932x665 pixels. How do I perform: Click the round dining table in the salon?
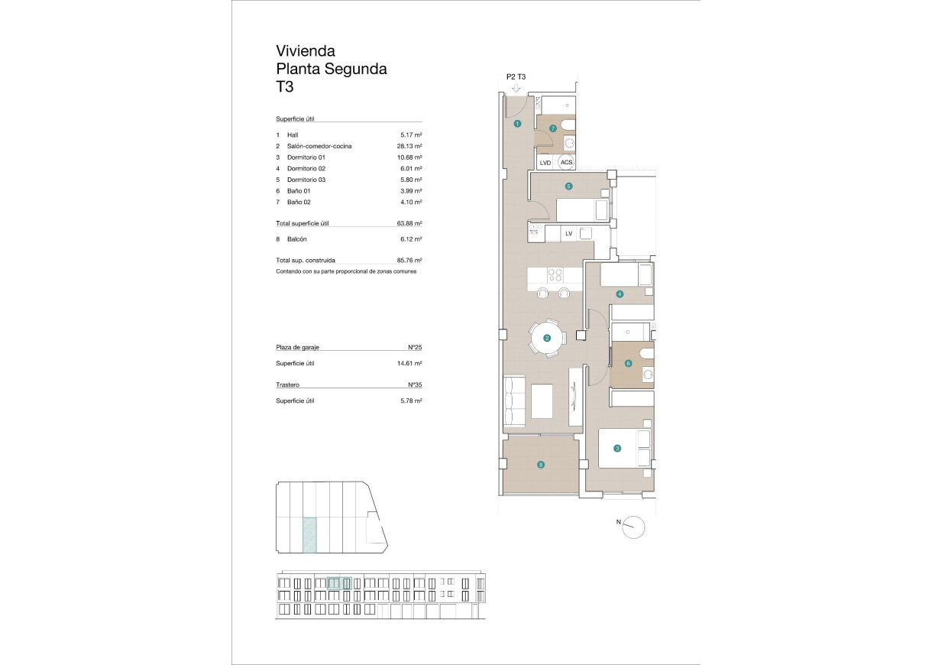tap(547, 338)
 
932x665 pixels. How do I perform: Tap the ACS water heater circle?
tap(566, 162)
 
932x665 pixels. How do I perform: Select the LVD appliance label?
tap(545, 163)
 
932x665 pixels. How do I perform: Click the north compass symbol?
tap(634, 526)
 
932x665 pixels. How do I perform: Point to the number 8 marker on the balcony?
tap(541, 464)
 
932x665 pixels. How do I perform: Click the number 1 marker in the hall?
tap(517, 123)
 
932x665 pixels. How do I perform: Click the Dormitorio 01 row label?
tap(306, 157)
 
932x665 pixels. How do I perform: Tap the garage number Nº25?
tap(415, 347)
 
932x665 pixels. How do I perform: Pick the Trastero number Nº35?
tap(415, 385)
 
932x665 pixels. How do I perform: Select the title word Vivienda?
tap(306, 51)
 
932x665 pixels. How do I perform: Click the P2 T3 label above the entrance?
tap(516, 76)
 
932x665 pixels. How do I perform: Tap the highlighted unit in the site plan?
tap(310, 534)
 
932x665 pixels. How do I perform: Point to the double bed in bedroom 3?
tap(624, 447)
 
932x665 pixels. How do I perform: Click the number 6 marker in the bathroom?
tap(628, 364)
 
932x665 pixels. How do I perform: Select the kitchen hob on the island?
tap(555, 277)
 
